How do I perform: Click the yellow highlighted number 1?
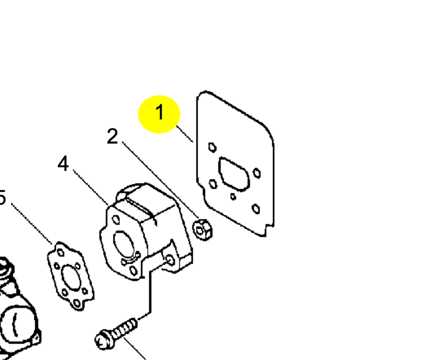(x=160, y=112)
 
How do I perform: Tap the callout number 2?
(x=112, y=136)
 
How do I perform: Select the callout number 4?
(x=63, y=163)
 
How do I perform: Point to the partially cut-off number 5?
(x=2, y=197)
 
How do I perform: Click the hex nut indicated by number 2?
(x=202, y=230)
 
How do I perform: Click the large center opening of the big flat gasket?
(x=234, y=174)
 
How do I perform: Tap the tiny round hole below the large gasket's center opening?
(x=233, y=197)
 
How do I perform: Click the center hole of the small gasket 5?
(x=71, y=278)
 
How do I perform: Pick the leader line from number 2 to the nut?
(x=161, y=179)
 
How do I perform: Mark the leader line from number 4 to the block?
(x=90, y=187)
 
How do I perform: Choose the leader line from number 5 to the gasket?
(x=32, y=223)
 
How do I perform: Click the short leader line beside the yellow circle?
(x=185, y=134)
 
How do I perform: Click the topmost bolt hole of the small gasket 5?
(x=61, y=253)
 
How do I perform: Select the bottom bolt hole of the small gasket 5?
(x=77, y=303)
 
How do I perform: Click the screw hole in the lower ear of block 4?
(x=170, y=260)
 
